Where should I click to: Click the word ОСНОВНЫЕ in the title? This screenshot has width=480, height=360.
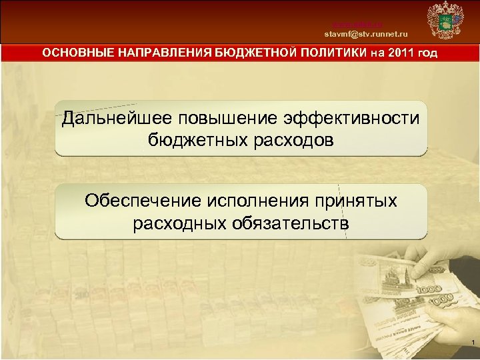pos(75,53)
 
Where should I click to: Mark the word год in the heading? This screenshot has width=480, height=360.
pos(427,53)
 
